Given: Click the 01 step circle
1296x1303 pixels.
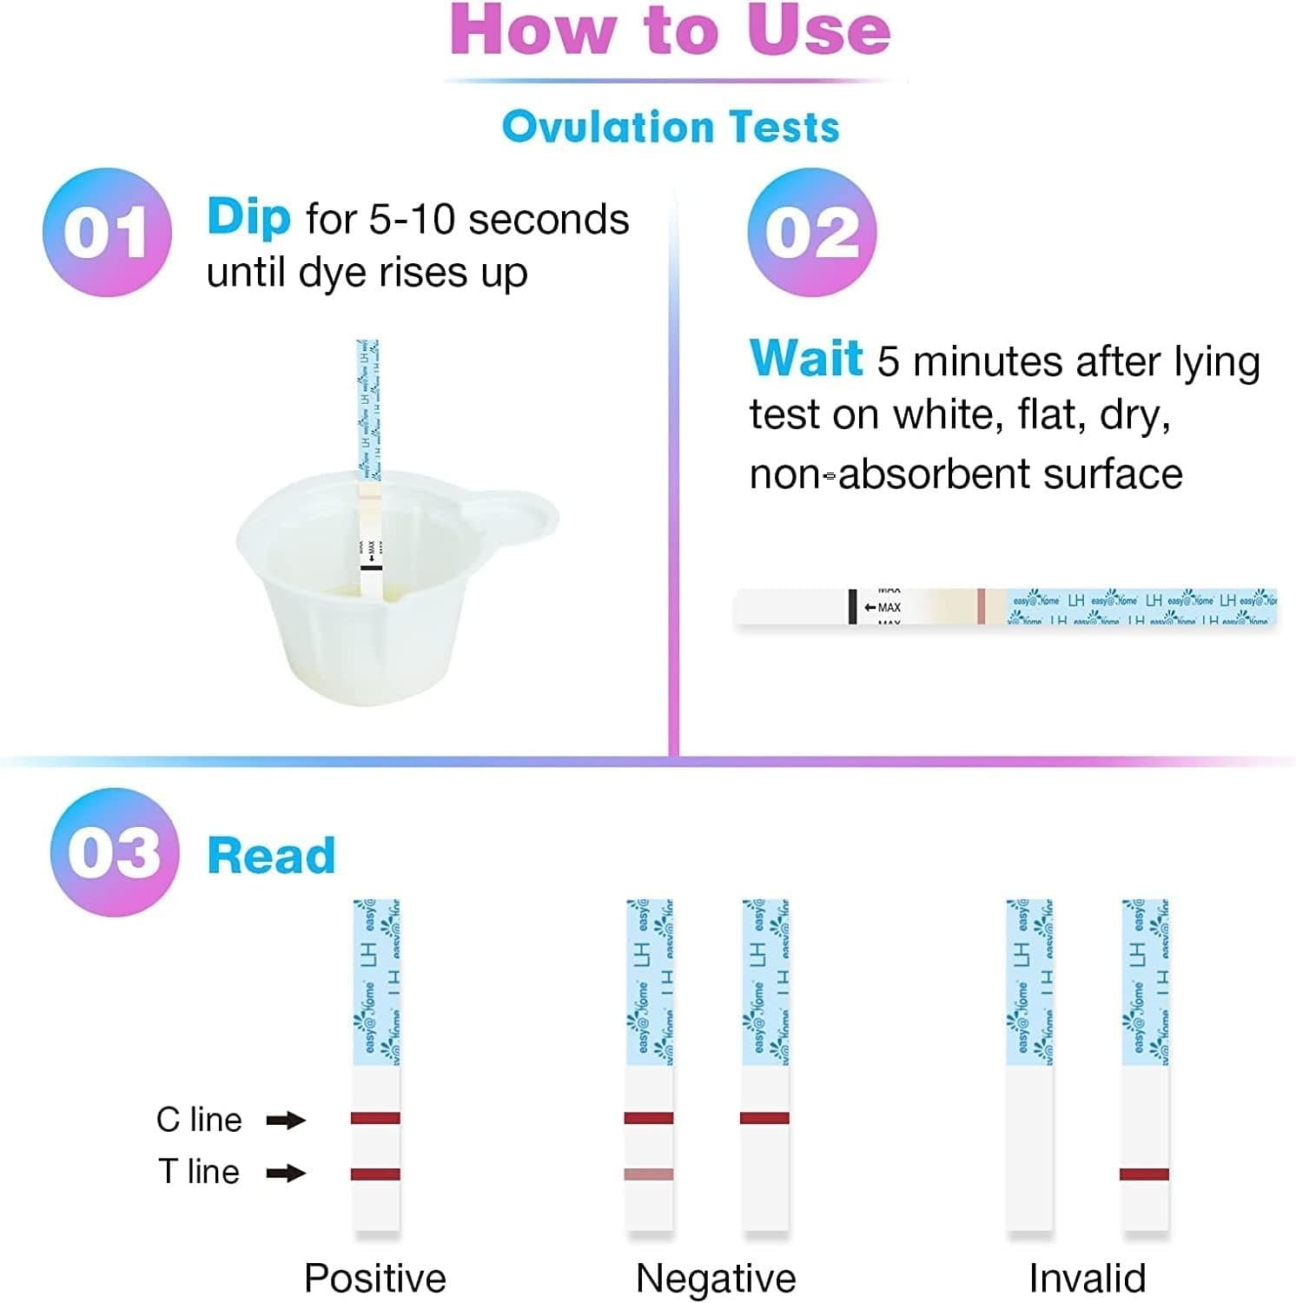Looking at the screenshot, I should click(107, 232).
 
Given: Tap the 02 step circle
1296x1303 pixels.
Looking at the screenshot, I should click(811, 232).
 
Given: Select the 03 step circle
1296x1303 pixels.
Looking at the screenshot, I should click(115, 852).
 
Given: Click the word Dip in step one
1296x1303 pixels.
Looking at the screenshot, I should click(248, 217).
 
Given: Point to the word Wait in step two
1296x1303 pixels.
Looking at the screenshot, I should click(805, 359).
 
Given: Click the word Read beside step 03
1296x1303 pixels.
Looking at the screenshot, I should click(271, 856).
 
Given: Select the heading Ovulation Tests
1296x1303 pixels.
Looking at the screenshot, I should click(671, 127).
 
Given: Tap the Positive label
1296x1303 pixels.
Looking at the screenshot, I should click(374, 1278).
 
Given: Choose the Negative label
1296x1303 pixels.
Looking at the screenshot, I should click(716, 1278).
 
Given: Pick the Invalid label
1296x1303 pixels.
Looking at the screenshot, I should click(1087, 1278).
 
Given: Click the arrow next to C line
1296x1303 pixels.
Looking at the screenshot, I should click(286, 1120).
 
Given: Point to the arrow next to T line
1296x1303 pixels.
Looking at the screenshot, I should click(286, 1174).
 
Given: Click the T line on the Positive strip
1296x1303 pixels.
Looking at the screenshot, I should click(375, 1174).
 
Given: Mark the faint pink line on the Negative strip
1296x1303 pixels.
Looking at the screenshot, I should click(649, 1174).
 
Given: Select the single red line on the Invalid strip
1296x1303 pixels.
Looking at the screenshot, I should click(1144, 1174).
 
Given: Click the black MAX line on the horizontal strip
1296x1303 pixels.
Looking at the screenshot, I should click(853, 606).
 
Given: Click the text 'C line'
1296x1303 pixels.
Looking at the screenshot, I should click(199, 1120).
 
